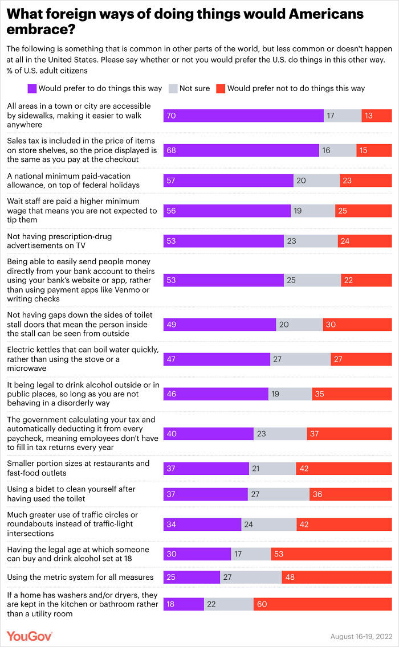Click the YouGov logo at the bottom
[30, 636]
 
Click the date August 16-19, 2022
[361, 636]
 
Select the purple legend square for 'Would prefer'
[32, 88]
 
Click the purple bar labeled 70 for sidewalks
[243, 116]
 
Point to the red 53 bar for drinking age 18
[331, 554]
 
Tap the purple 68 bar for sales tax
[241, 150]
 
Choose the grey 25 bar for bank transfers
[312, 280]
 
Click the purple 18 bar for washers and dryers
[184, 604]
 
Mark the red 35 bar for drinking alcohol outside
[352, 394]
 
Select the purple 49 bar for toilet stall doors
[219, 325]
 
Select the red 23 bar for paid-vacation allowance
[365, 180]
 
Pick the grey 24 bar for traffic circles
[268, 524]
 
